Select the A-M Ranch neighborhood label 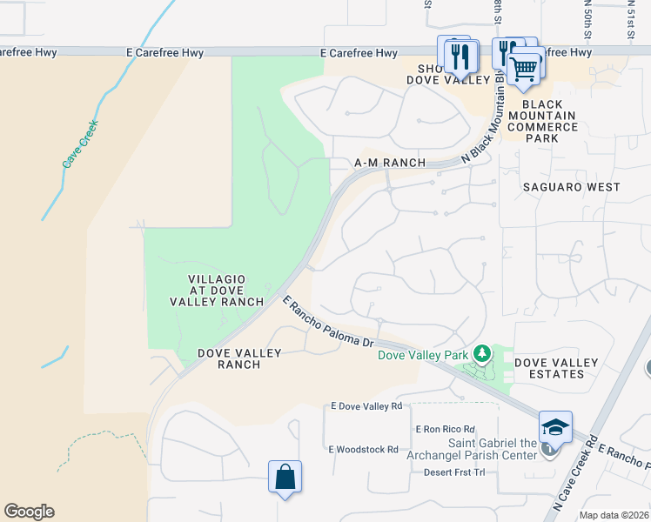(x=390, y=163)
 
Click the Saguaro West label (x=571, y=187)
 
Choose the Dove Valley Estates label (x=556, y=368)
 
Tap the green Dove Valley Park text (x=422, y=354)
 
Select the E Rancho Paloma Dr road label (x=328, y=321)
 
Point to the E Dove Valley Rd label (x=366, y=406)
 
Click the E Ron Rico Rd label (x=446, y=429)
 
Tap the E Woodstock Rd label (x=363, y=450)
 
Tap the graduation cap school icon (x=555, y=426)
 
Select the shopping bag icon (x=285, y=477)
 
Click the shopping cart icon (x=524, y=68)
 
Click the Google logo (x=29, y=512)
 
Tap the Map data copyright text (x=613, y=515)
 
